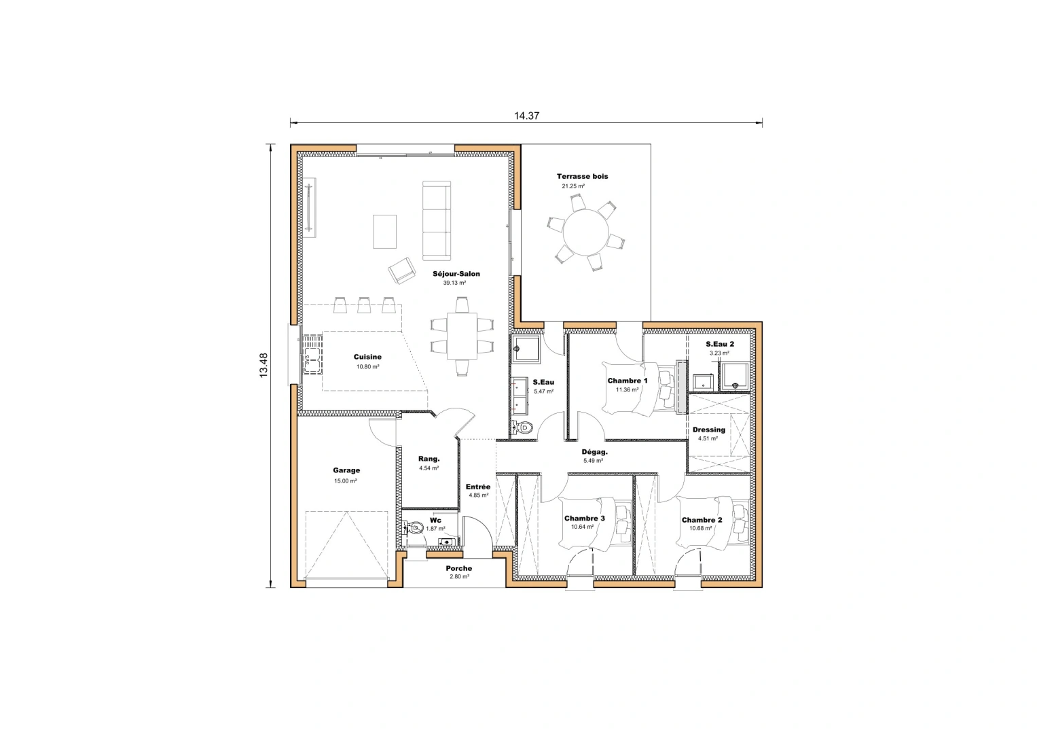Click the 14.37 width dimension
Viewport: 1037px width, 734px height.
pos(526,116)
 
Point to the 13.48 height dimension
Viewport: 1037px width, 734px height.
pos(263,365)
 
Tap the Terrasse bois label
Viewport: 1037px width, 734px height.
pos(582,177)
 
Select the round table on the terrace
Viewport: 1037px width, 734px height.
pos(587,232)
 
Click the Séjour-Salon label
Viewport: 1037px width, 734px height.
pos(456,274)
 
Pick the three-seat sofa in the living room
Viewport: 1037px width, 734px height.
pos(437,220)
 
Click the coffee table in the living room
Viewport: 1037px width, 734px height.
pos(384,231)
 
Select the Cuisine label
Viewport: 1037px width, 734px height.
pos(367,357)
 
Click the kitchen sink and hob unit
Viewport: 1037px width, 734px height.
pos(312,354)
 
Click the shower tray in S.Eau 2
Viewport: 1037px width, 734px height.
pos(735,377)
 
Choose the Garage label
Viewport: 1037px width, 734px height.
pos(346,470)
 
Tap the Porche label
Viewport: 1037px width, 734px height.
pos(458,568)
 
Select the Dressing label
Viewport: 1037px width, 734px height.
pos(708,430)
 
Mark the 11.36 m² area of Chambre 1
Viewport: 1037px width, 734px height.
pos(627,390)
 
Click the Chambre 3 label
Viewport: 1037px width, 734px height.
pos(584,519)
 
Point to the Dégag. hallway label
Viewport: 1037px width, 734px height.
pos(594,452)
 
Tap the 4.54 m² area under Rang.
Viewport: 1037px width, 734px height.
pos(429,468)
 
